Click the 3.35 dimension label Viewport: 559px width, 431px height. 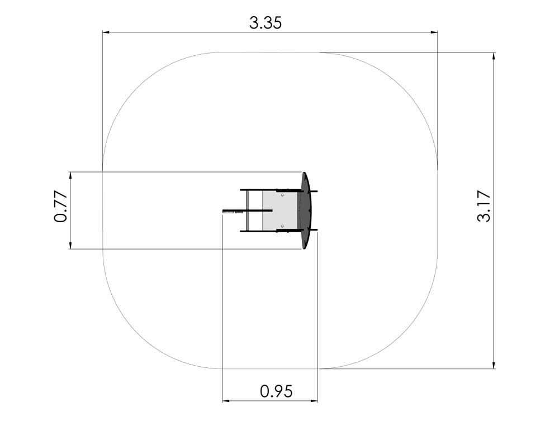coord(266,23)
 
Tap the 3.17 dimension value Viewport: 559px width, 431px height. coord(484,207)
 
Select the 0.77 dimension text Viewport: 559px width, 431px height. coord(61,207)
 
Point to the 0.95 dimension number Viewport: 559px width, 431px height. coord(276,391)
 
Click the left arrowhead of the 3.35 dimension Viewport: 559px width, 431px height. coord(106,32)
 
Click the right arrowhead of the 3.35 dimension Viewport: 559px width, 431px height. coord(434,32)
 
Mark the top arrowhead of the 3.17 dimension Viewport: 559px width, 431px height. coord(494,56)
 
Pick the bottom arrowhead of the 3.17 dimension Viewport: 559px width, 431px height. coord(494,366)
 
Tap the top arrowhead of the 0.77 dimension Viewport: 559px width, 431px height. coord(70,175)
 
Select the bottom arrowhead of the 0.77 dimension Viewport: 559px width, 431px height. coord(70,246)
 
